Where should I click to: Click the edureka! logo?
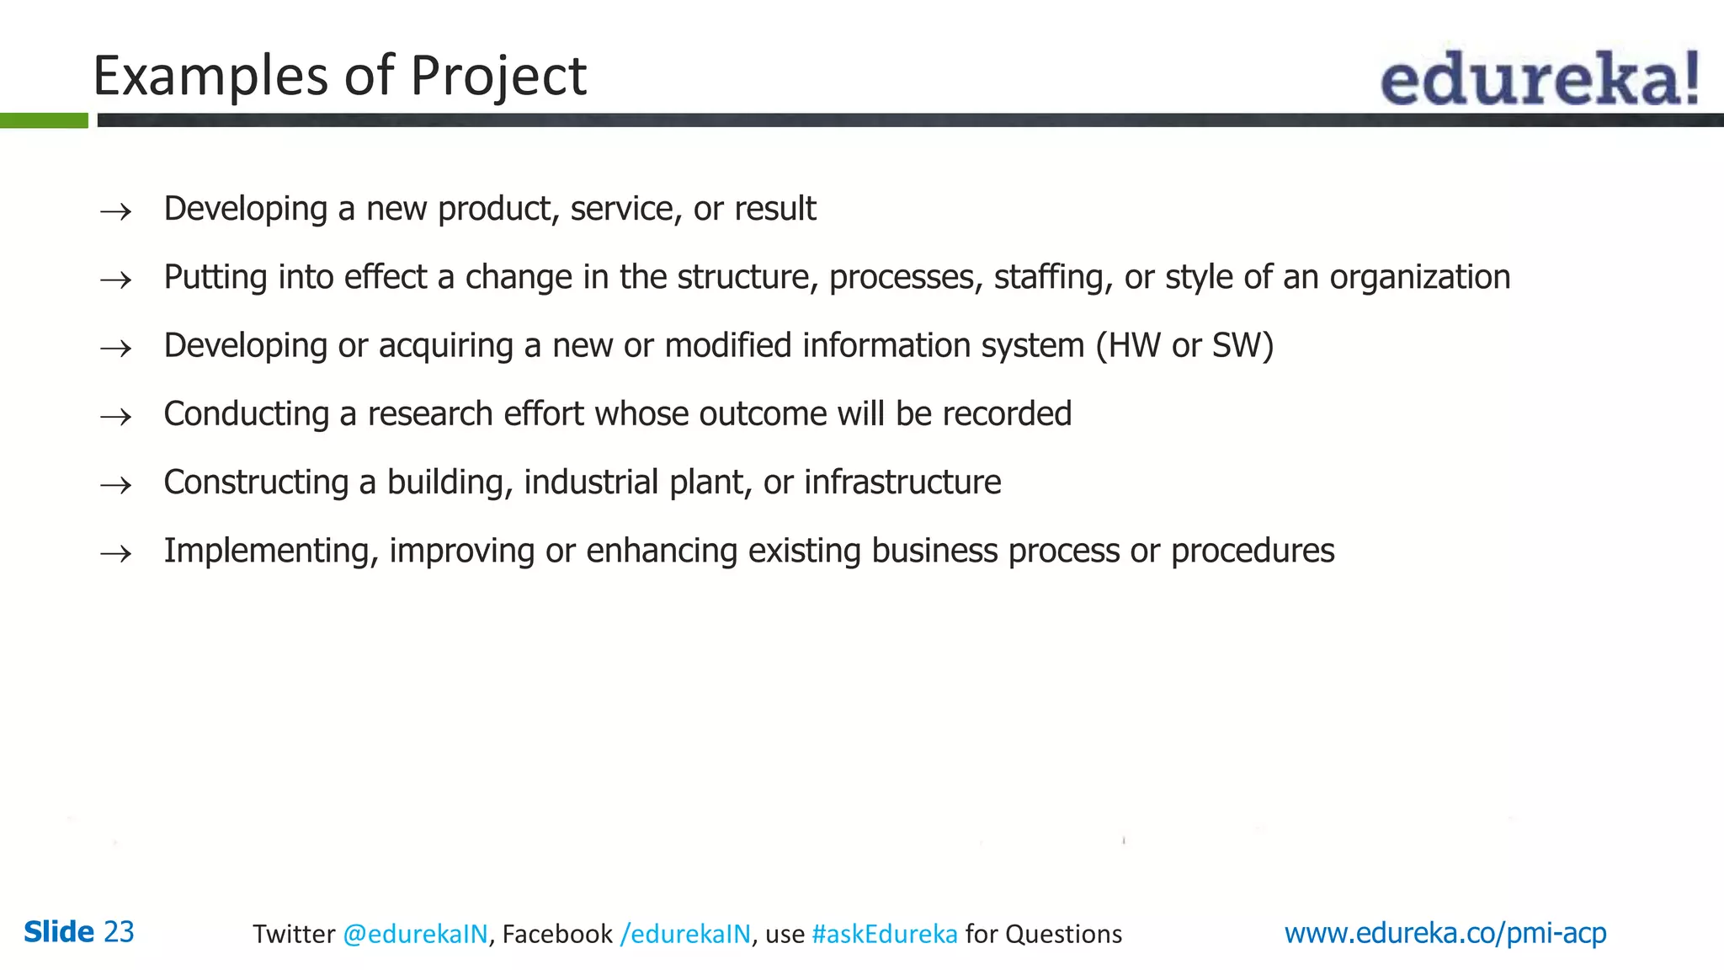(1539, 78)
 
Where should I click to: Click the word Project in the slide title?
(498, 77)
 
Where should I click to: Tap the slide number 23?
(119, 932)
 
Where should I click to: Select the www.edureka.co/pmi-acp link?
(1445, 933)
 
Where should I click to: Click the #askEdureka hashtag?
(884, 934)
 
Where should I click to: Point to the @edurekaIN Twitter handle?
(415, 934)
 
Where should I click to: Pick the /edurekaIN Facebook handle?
(684, 934)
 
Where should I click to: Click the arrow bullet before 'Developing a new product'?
(115, 211)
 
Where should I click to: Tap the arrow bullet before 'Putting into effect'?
(115, 280)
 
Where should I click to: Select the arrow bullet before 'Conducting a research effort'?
(115, 416)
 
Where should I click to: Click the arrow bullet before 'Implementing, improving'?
(115, 553)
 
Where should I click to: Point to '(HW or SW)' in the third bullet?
(1184, 346)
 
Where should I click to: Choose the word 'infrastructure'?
(902, 482)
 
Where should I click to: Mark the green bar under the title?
(44, 120)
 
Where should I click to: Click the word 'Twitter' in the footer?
(294, 934)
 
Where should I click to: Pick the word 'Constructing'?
(256, 482)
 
